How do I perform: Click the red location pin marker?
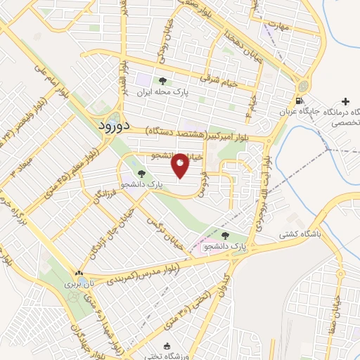pos(180,165)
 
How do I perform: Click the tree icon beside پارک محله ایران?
pos(163,82)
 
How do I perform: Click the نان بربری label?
pos(78,284)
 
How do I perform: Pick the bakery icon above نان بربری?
pos(79,273)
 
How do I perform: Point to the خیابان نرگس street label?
pos(160,224)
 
